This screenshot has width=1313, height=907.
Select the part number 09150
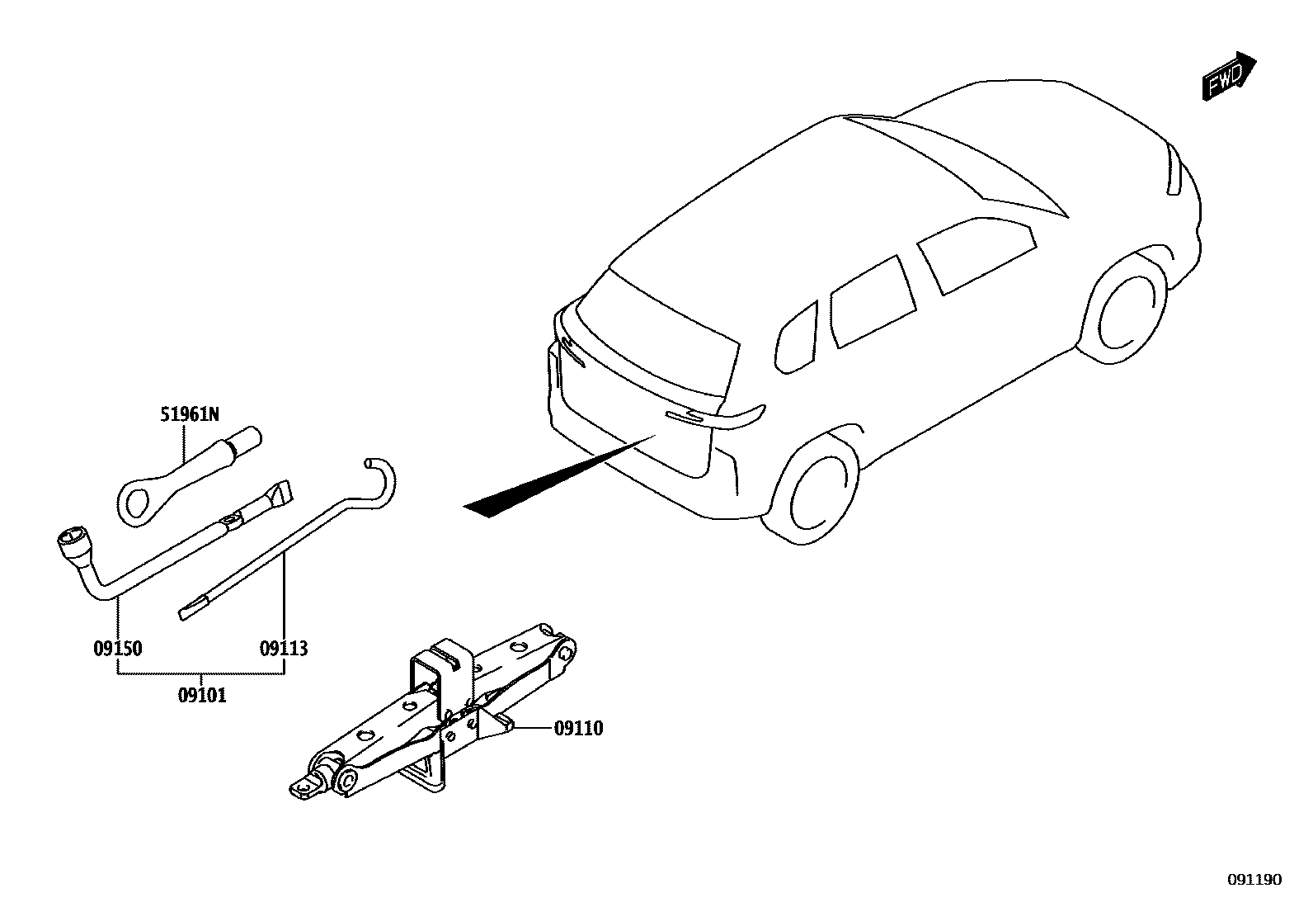pyautogui.click(x=117, y=649)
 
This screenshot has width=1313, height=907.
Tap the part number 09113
pyautogui.click(x=284, y=649)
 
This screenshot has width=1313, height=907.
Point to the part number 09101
pyautogui.click(x=202, y=696)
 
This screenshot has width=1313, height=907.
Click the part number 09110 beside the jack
pyautogui.click(x=578, y=728)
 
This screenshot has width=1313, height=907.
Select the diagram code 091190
pyautogui.click(x=1254, y=880)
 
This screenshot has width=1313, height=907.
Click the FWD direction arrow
pyautogui.click(x=1228, y=78)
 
